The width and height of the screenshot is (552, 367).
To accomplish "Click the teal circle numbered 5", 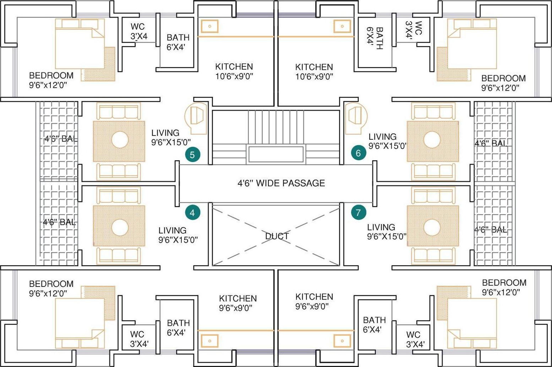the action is [x=193, y=154].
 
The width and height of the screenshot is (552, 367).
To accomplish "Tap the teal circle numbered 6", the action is [x=359, y=153].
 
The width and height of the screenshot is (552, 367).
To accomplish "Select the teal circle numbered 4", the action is [x=193, y=212].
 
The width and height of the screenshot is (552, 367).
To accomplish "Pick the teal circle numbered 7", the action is [x=359, y=212].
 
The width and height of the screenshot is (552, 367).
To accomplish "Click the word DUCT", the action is [x=277, y=236].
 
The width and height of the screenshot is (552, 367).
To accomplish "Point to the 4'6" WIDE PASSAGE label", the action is [x=281, y=183].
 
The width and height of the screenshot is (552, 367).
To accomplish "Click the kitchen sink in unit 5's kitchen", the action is [x=210, y=26].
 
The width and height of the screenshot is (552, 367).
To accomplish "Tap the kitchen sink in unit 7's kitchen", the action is [x=342, y=341].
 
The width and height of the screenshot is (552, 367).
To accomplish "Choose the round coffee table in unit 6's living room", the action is [x=432, y=140].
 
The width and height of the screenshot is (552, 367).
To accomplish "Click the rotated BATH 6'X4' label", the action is [x=375, y=38].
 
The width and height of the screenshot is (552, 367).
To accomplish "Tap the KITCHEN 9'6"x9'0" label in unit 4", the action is [x=238, y=303].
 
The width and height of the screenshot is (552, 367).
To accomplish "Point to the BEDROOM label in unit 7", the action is [x=504, y=283].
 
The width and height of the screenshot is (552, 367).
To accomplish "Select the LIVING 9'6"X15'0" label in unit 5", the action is [x=171, y=137].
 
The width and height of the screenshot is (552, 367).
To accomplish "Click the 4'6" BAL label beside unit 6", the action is [x=491, y=143].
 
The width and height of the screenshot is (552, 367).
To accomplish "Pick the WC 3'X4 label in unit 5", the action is [x=139, y=31].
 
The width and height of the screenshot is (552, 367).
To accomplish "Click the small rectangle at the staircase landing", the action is [x=276, y=154].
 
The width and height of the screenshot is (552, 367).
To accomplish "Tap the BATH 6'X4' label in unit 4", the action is [x=178, y=328].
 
